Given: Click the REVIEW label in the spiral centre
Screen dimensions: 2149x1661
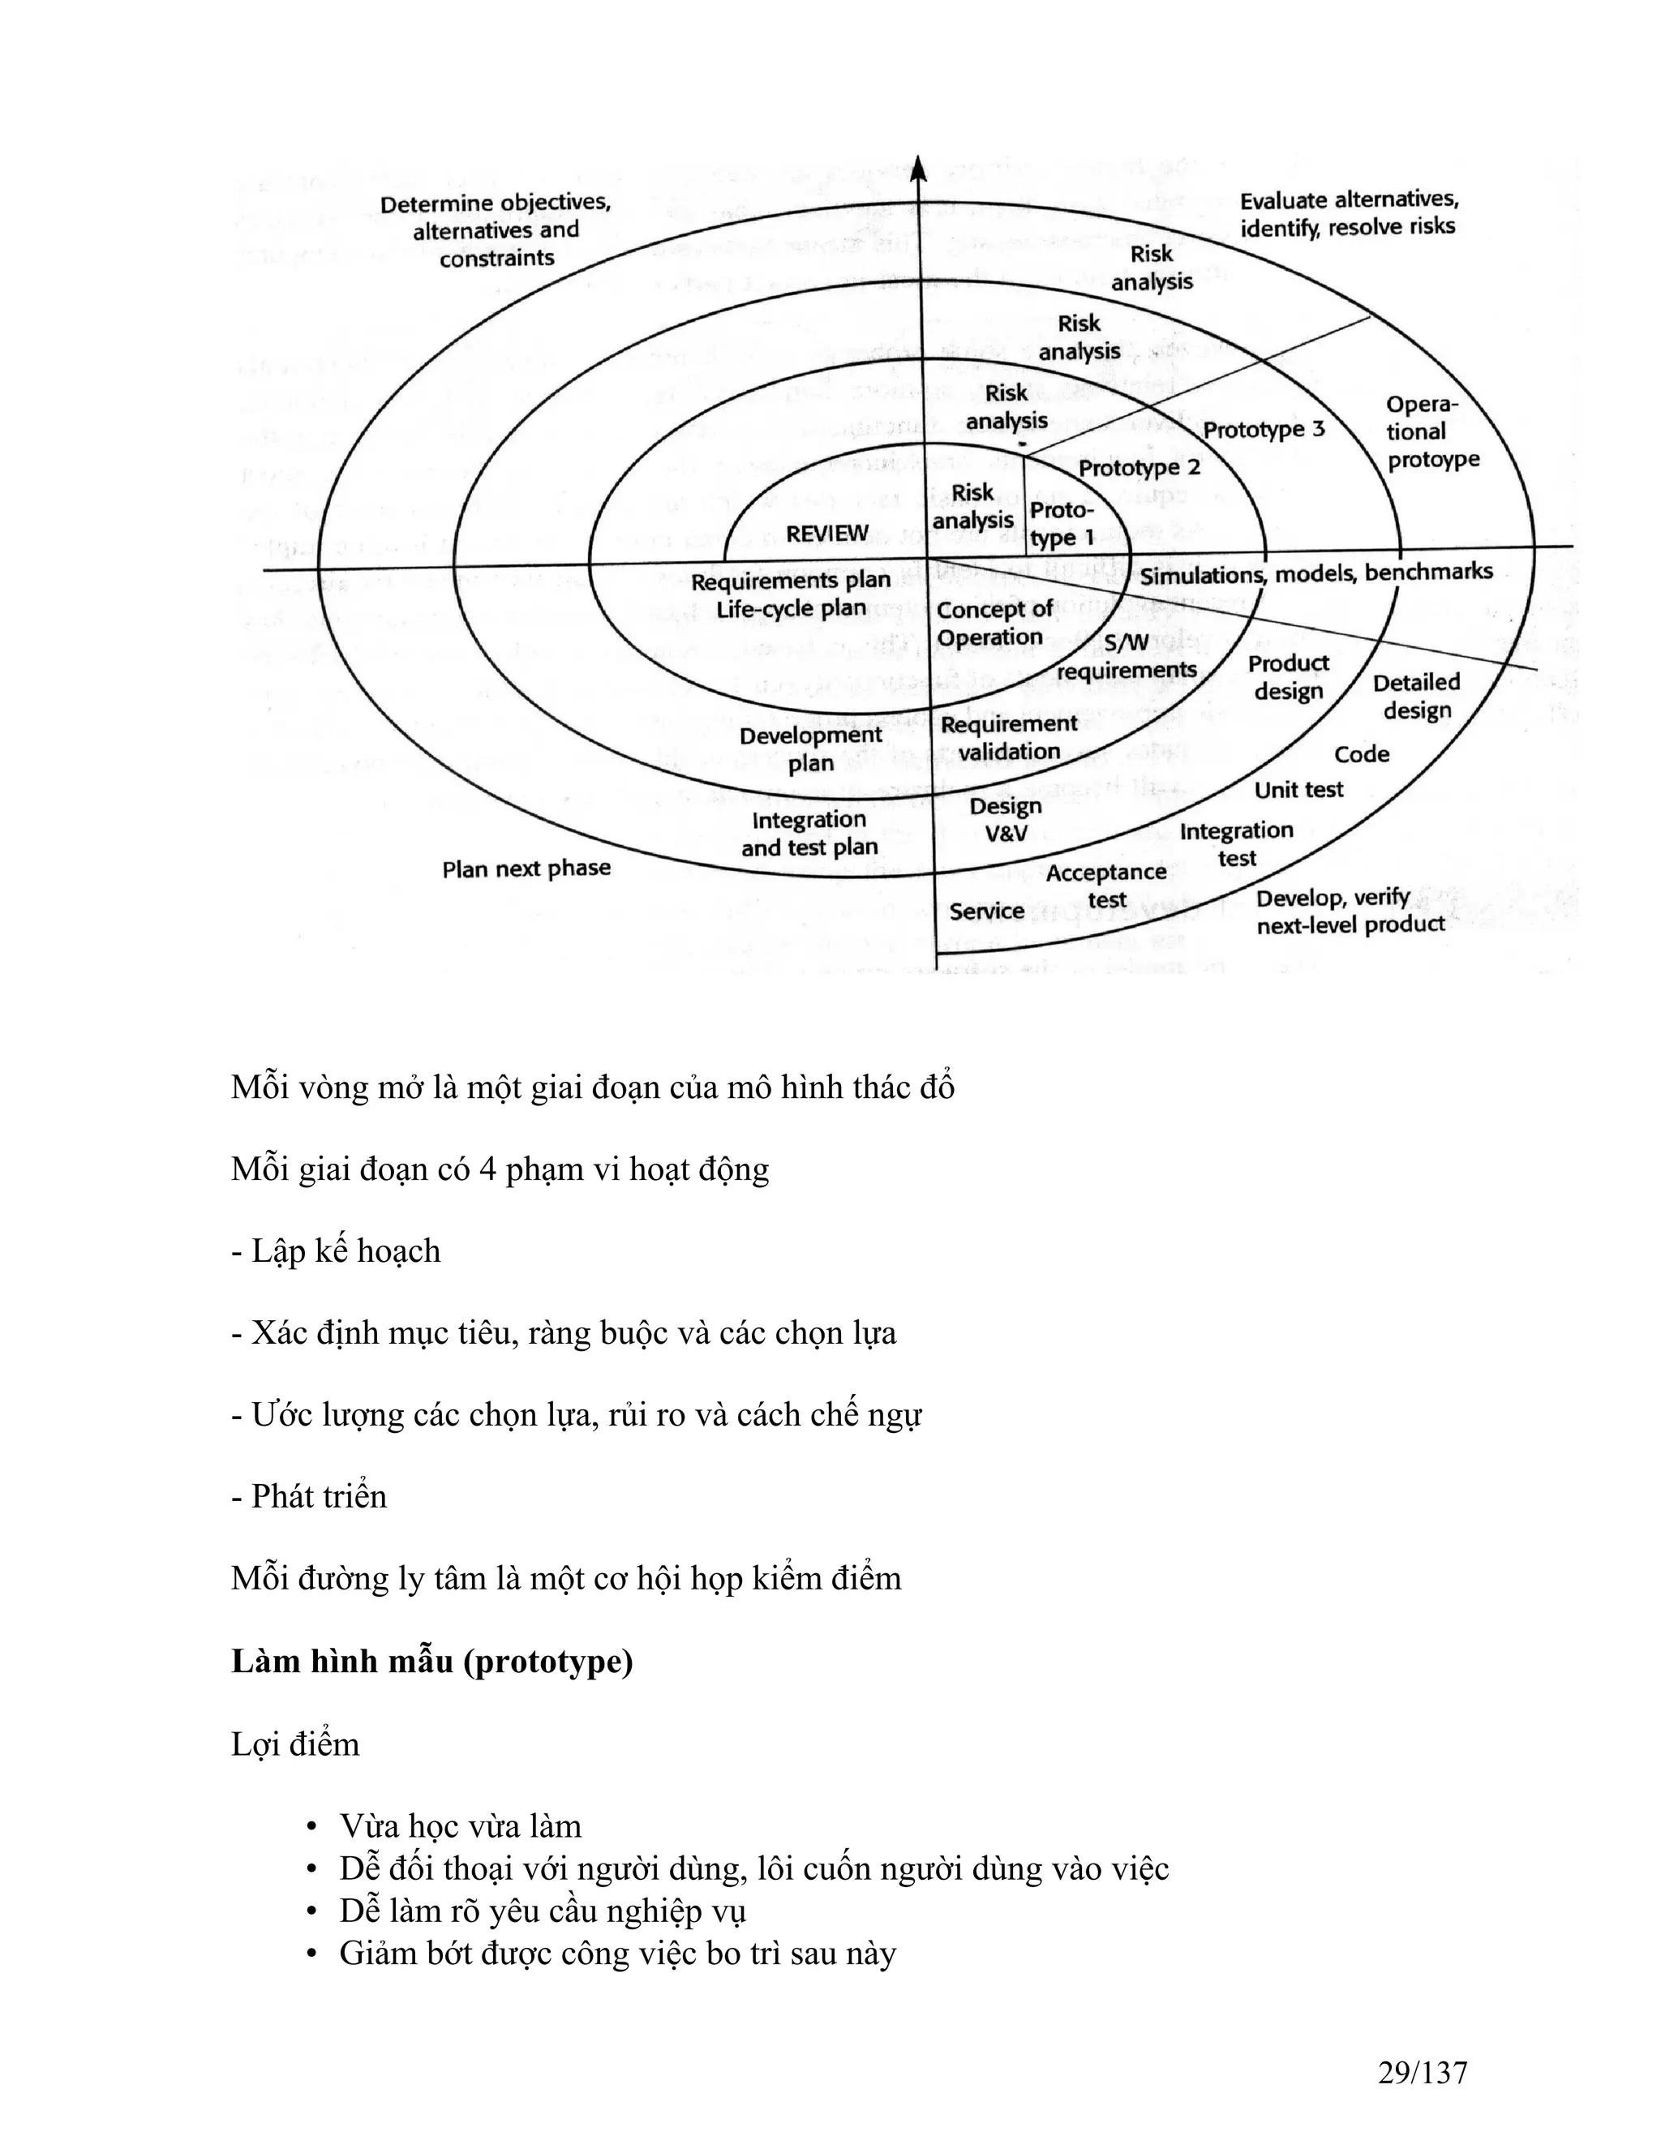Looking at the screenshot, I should click(x=826, y=534).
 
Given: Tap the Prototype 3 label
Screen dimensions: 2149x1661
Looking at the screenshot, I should click(x=1264, y=429).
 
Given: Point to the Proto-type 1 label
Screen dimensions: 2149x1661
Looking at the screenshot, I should click(x=1061, y=524).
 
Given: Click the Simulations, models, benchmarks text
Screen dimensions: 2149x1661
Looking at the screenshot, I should click(x=1315, y=573).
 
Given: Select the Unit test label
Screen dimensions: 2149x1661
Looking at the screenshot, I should click(x=1298, y=789).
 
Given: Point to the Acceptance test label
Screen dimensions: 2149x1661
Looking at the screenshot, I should click(x=1106, y=886).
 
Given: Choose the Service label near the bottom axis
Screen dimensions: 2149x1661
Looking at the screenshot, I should click(x=986, y=912).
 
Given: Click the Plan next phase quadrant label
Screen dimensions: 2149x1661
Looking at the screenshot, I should click(x=526, y=869).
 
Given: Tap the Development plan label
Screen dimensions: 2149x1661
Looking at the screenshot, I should click(x=810, y=749).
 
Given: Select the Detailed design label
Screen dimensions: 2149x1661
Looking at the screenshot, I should click(x=1416, y=696).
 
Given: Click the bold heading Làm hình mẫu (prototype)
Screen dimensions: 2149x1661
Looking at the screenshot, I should click(x=432, y=1661).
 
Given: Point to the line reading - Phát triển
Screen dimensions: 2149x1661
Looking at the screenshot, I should click(x=309, y=1495).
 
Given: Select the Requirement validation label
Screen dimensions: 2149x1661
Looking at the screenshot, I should click(x=1009, y=738).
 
